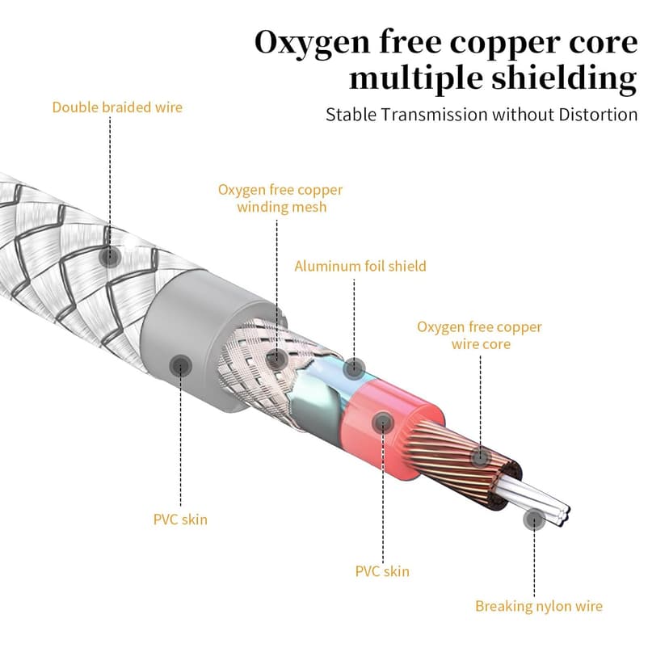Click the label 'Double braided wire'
pyautogui.click(x=117, y=107)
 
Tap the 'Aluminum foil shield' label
pyautogui.click(x=360, y=266)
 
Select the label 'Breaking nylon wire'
pyautogui.click(x=538, y=606)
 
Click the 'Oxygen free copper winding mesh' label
pyautogui.click(x=280, y=198)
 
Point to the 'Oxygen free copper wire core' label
pyautogui.click(x=479, y=335)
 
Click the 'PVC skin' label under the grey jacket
pyautogui.click(x=180, y=519)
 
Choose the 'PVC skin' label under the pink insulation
pyautogui.click(x=382, y=571)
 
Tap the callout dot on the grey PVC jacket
pyautogui.click(x=179, y=364)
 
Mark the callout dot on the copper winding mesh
pyautogui.click(x=276, y=358)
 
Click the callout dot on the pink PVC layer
pyautogui.click(x=382, y=421)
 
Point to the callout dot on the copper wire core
pyautogui.click(x=481, y=458)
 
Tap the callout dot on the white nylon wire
pyautogui.click(x=533, y=520)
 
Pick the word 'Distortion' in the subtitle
pyautogui.click(x=598, y=114)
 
